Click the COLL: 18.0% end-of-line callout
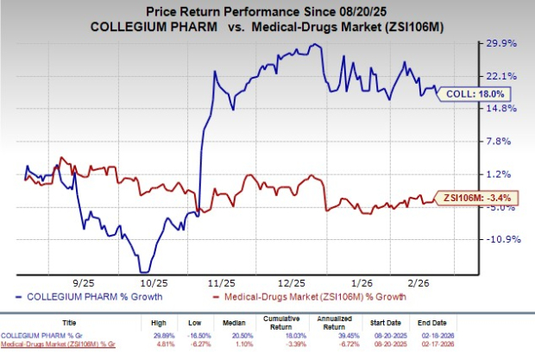(468, 93)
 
